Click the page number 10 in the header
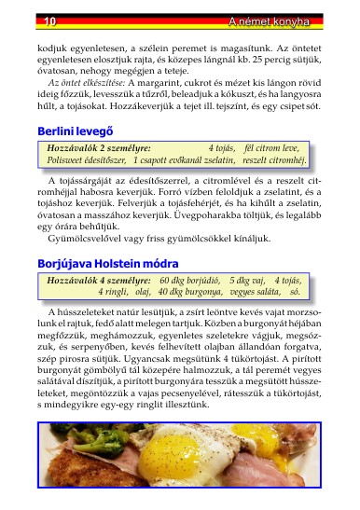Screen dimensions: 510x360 pos(24,21)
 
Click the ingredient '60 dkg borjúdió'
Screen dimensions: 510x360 pos(189,280)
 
